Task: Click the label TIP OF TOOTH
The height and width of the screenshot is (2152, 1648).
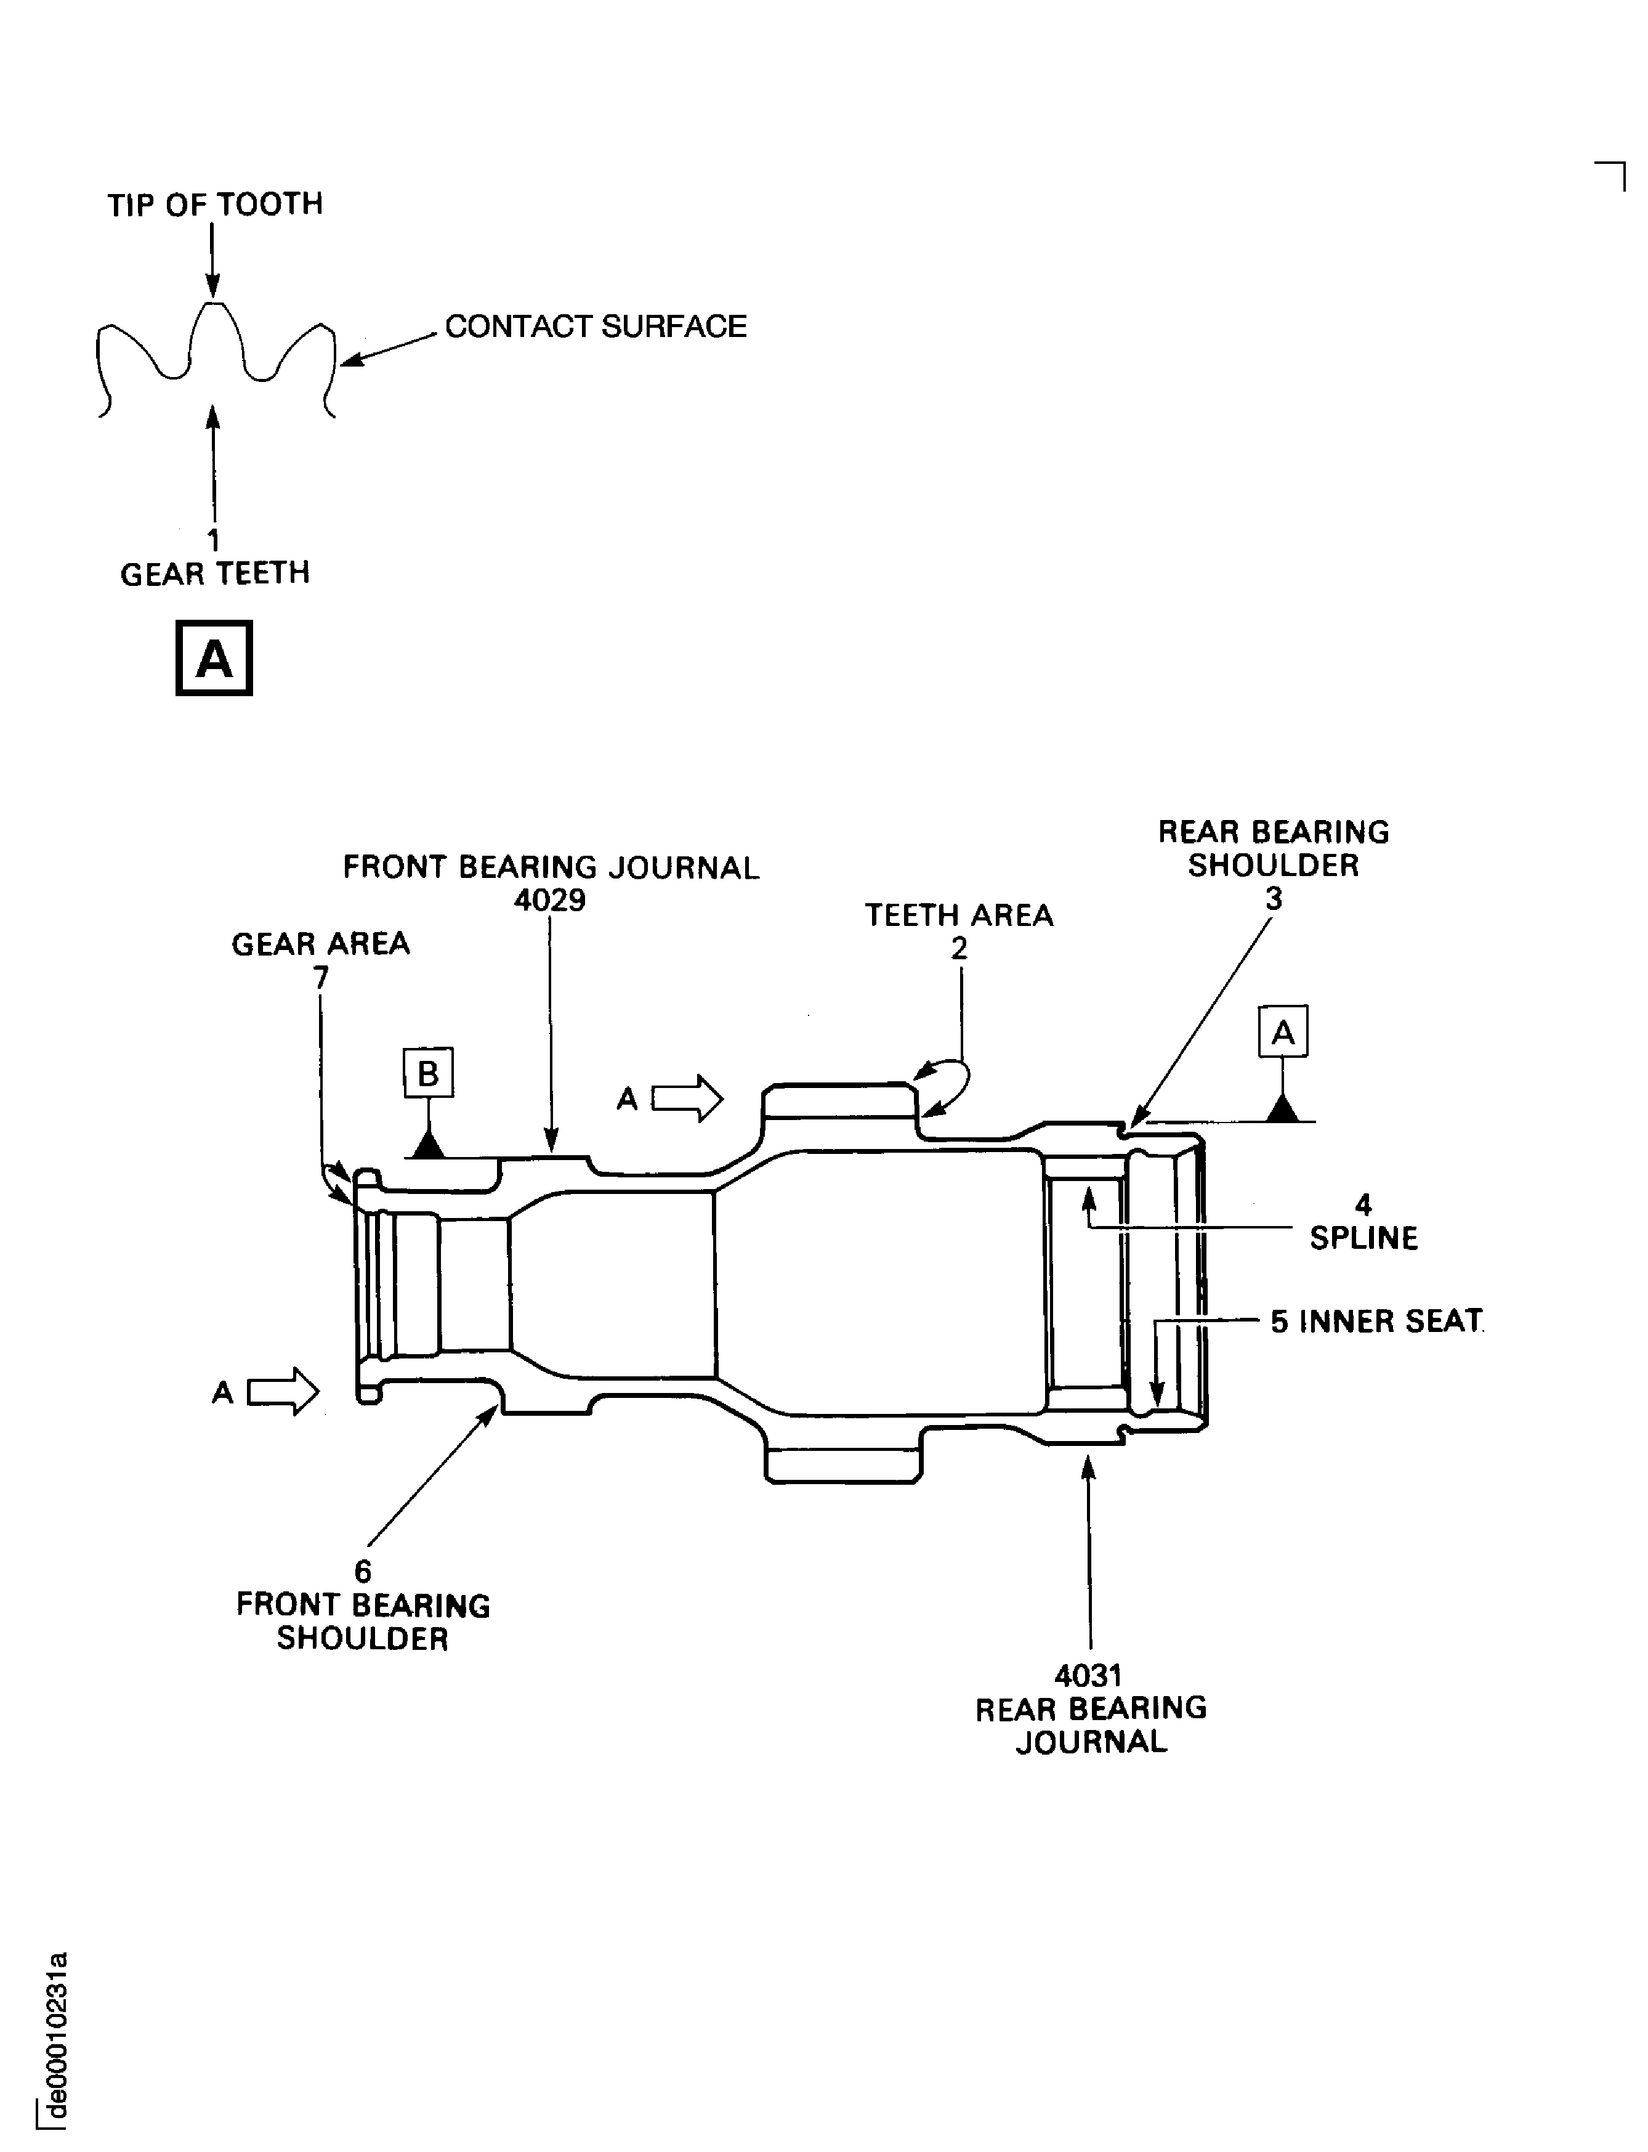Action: click(215, 204)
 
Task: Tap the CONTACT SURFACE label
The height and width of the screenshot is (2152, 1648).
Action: click(596, 326)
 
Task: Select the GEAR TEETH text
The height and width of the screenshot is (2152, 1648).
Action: click(215, 573)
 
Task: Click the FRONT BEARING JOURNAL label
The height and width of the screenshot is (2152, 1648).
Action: click(551, 867)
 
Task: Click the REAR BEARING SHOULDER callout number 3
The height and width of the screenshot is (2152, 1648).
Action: click(1274, 898)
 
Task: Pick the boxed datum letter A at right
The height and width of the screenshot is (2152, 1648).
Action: click(1283, 1031)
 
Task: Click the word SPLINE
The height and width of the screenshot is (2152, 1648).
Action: click(1363, 1238)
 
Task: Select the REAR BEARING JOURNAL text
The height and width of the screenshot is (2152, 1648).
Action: click(1091, 1724)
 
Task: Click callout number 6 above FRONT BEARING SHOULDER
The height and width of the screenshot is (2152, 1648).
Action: click(363, 1571)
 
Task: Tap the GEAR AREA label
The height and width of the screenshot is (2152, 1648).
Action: click(321, 944)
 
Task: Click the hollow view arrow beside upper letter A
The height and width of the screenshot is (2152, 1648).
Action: click(687, 1098)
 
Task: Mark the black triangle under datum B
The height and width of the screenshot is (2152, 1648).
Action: click(427, 1144)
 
